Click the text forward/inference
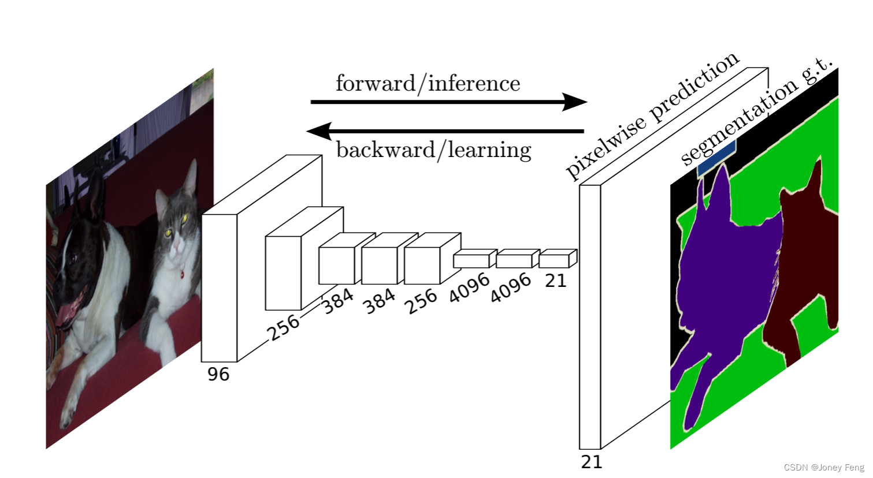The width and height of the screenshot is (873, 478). (428, 84)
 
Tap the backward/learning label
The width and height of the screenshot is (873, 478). (433, 150)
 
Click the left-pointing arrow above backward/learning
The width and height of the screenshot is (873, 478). (445, 131)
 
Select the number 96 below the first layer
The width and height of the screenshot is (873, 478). (218, 374)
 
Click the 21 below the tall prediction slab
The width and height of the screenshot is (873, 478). (592, 462)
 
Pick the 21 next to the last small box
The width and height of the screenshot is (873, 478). (556, 281)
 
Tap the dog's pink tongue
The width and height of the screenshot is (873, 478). (64, 316)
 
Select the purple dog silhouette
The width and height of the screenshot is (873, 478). (722, 271)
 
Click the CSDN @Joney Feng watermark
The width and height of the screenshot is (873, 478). (824, 468)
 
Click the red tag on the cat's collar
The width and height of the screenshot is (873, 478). (182, 275)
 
